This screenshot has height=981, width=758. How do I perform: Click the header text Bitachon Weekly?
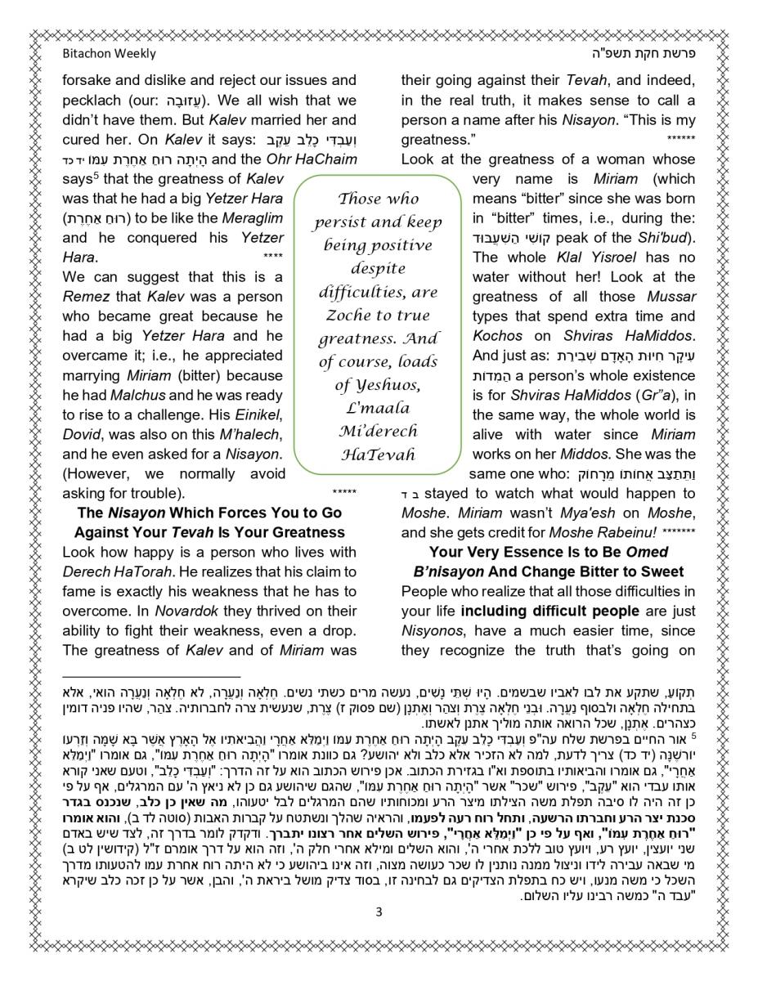(x=109, y=55)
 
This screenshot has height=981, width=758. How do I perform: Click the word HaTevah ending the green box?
(x=378, y=455)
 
